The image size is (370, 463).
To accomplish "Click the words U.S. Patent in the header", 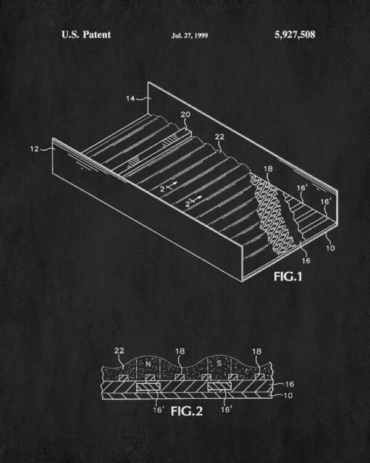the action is point(86,35).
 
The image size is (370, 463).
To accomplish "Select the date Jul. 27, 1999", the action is point(190,36).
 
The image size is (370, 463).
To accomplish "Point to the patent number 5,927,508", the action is point(295,35).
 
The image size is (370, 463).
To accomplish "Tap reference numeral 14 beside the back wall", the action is point(130,98).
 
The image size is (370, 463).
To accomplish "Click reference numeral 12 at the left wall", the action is point(35,149).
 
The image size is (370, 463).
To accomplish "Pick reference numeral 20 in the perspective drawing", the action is point(186,114).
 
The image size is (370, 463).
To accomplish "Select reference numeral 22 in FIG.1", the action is point(220,136).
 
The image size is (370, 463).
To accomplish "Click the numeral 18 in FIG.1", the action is point(268,169).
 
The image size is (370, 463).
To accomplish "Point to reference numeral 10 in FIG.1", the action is point(331,248).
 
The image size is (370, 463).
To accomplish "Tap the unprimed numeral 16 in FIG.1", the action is point(306,261).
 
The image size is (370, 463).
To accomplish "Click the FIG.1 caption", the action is point(288,277).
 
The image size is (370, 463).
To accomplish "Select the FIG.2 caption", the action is point(187,411).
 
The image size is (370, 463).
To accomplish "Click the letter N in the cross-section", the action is point(148,364).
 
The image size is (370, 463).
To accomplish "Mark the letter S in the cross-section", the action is point(219,363).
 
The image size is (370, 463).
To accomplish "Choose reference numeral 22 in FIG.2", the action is point(119,351).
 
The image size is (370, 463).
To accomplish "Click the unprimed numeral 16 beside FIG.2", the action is point(289,384).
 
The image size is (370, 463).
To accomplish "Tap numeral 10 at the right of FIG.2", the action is point(288,395).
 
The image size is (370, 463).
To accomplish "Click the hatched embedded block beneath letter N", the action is point(149,387).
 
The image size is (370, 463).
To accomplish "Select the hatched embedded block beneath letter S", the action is point(220,386).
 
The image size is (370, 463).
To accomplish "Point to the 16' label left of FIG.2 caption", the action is point(158,409).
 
